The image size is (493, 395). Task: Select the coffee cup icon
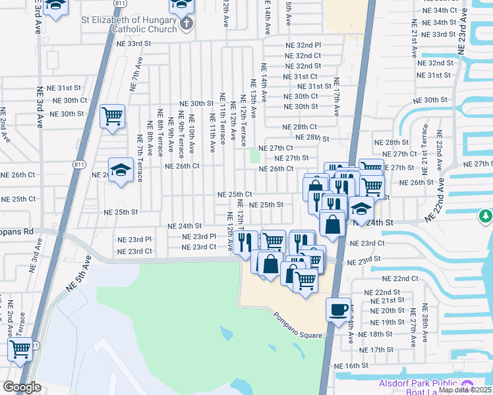pos(338,309)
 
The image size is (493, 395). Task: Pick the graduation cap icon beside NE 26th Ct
pos(121,171)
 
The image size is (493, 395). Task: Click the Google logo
pos(22,386)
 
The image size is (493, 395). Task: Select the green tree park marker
pos(485,215)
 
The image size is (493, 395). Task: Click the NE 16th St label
pos(351,365)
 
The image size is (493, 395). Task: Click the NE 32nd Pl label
pos(303,45)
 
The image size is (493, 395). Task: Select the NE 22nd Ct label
pos(401,278)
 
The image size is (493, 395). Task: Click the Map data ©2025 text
pos(465,390)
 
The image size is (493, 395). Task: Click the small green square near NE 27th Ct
pos(255,157)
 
